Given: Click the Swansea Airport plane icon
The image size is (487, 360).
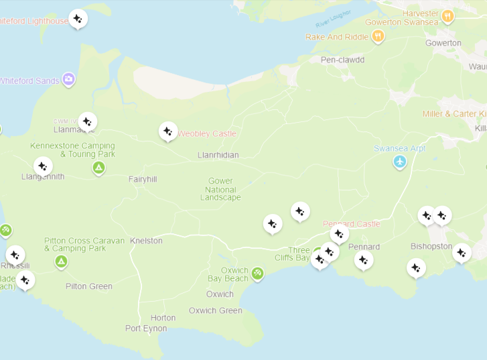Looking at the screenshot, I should (400, 162).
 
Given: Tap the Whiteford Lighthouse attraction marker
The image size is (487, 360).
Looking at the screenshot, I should (78, 18).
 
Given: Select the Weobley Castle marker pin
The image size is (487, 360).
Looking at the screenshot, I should (168, 131).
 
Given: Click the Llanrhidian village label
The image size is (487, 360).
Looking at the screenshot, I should (218, 155).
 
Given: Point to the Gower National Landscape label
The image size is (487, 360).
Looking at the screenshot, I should (220, 189).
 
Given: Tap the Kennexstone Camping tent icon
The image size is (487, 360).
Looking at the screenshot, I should (98, 168).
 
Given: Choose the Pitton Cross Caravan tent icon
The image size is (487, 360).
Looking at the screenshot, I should (61, 261).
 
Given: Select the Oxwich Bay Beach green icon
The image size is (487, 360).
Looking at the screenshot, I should (257, 273).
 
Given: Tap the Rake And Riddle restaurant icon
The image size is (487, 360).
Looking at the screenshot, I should (378, 36).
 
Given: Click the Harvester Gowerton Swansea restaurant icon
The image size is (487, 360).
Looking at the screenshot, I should (447, 15).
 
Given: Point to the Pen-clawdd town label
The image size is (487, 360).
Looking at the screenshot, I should (342, 60).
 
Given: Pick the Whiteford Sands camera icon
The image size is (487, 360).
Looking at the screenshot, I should (68, 80).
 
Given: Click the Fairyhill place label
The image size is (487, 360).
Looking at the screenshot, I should (143, 179).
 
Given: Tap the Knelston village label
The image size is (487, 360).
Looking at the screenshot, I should (146, 241).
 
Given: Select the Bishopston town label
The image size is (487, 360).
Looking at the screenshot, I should (431, 246).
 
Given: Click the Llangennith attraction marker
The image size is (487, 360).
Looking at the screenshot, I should (42, 166).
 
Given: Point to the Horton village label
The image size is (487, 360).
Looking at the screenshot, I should (163, 318).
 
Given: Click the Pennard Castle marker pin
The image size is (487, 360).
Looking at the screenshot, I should (340, 233).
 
